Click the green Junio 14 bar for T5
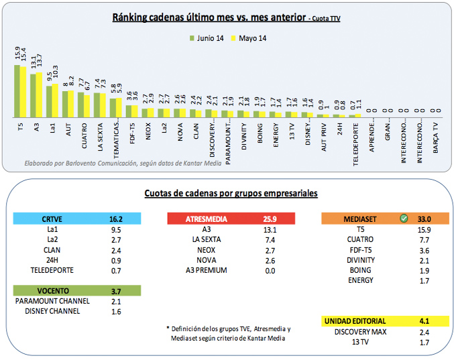point(17,91)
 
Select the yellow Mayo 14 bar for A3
point(39,95)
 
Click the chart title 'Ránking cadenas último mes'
point(209,17)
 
